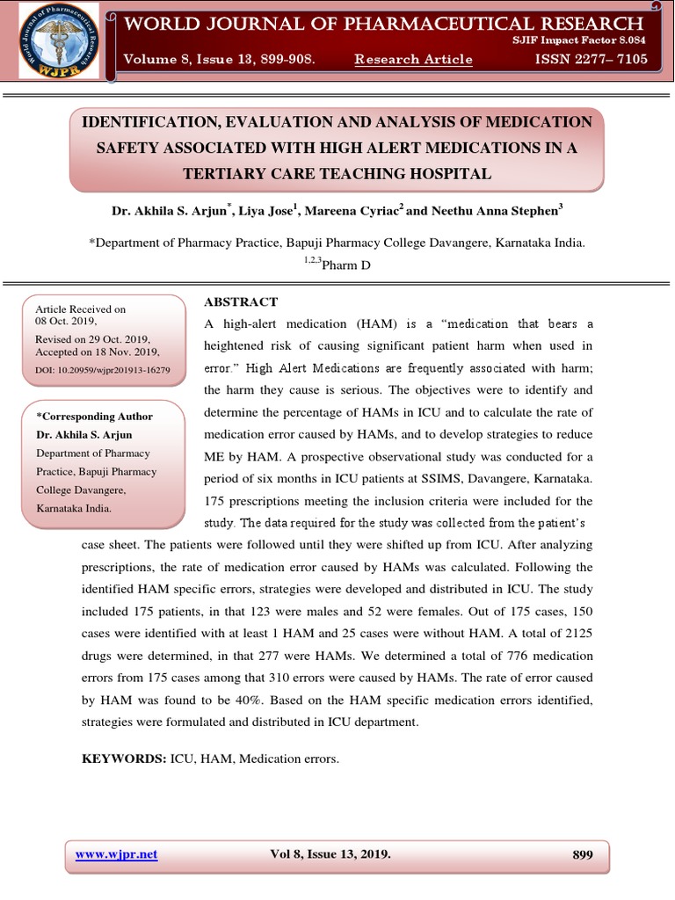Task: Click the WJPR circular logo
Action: (x=58, y=41)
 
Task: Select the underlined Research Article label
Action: (x=413, y=60)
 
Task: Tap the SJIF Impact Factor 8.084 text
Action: (x=580, y=40)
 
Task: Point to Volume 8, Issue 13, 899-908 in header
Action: (x=219, y=60)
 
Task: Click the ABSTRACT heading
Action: (x=241, y=301)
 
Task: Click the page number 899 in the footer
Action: (x=582, y=854)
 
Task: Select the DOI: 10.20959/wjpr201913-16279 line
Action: (x=103, y=370)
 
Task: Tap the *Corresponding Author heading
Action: (x=94, y=417)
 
